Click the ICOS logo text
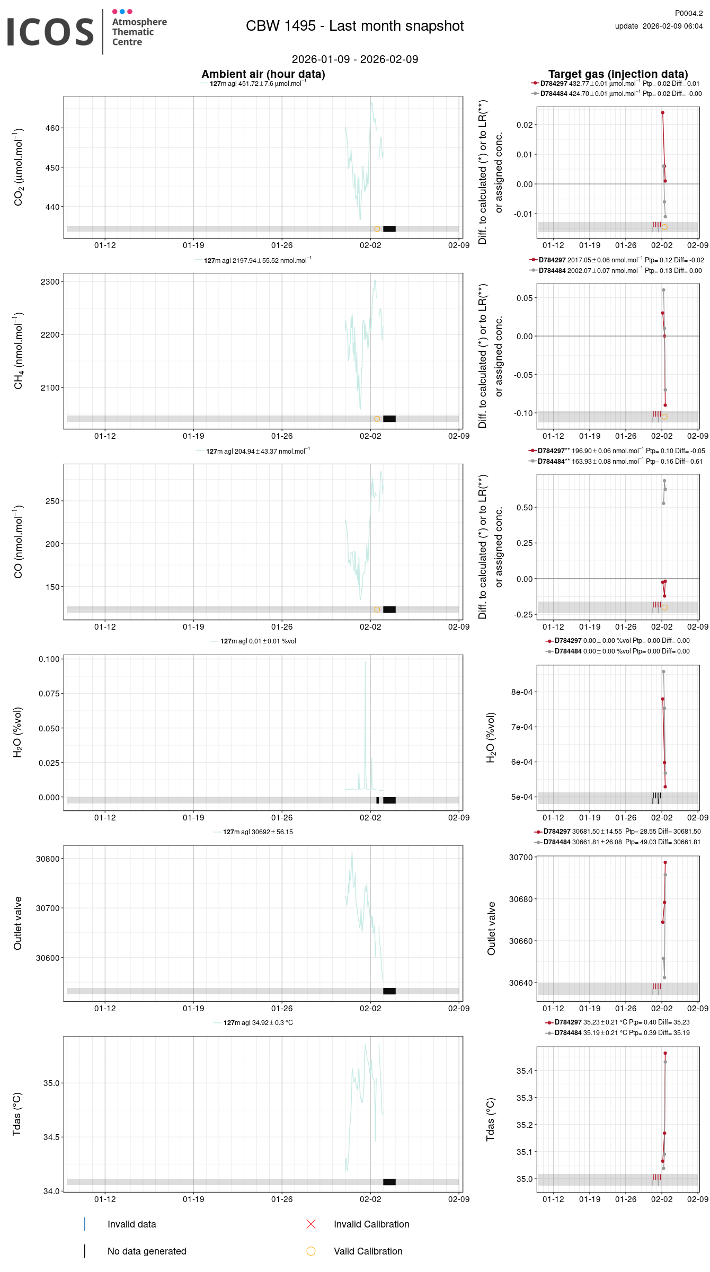(50, 32)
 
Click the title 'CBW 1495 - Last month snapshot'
(354, 26)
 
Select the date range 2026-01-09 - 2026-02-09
(354, 59)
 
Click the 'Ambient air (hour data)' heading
(263, 74)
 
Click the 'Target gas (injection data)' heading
(618, 74)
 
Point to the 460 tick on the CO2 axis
(52, 128)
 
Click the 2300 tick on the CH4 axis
(50, 282)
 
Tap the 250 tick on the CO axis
(52, 501)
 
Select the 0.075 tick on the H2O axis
(49, 694)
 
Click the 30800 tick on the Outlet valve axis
(48, 859)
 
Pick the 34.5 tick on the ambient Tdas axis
(52, 1137)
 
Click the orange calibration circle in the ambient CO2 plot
(377, 229)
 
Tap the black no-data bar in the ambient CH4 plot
(389, 419)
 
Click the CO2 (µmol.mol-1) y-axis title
(19, 167)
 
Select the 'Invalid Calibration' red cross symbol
(311, 1224)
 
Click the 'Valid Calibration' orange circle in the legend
(311, 1251)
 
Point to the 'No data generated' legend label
(147, 1251)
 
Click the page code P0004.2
(688, 13)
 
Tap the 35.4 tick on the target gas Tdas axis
(525, 1071)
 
